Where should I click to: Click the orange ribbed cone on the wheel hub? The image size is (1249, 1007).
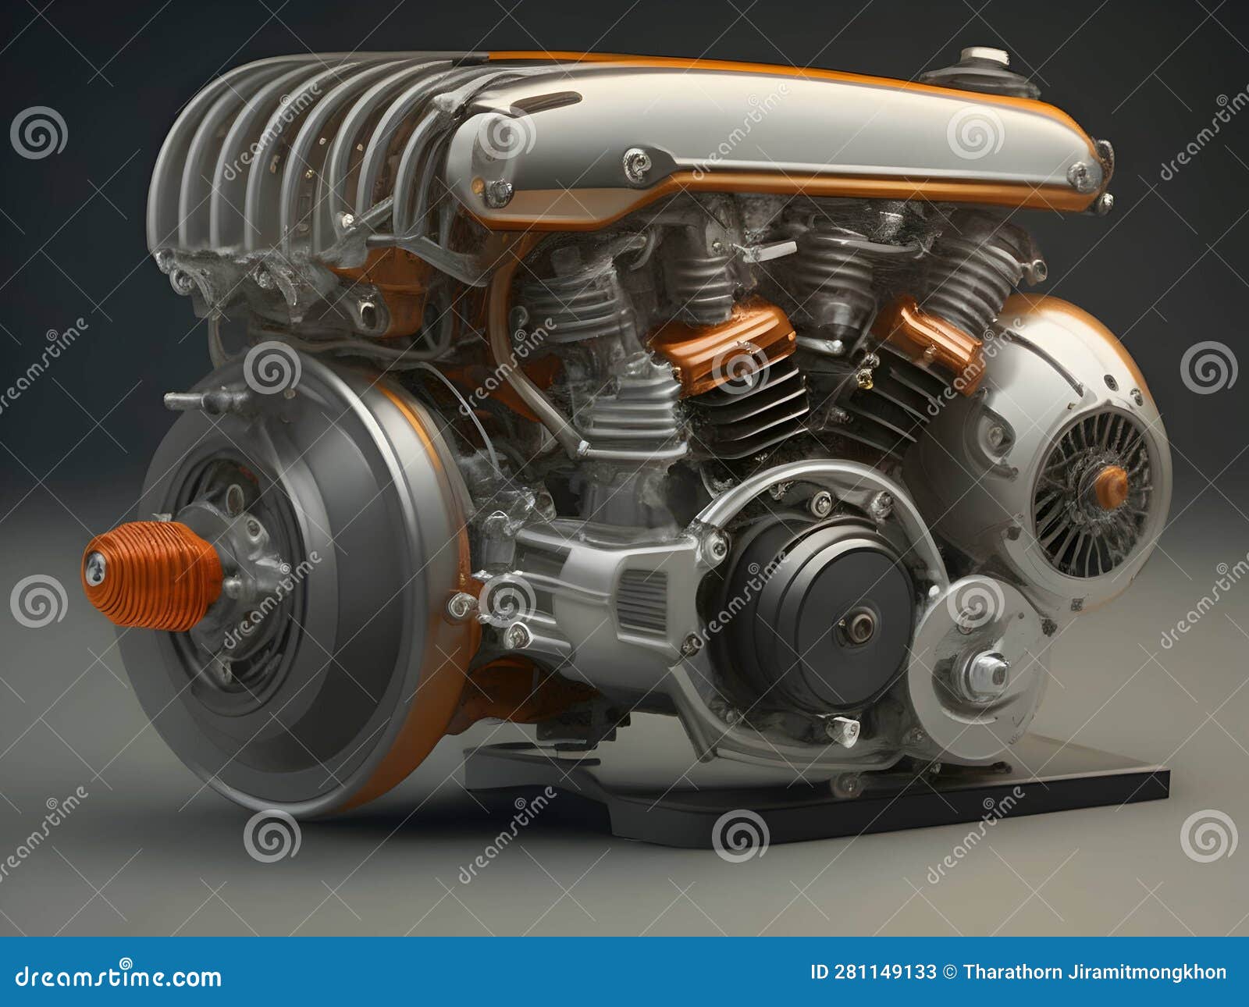coord(152,575)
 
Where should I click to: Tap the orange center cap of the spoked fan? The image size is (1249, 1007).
coord(1111,488)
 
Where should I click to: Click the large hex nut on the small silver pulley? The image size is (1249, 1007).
coord(986,674)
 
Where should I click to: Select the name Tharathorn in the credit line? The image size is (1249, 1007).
coord(1019,972)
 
